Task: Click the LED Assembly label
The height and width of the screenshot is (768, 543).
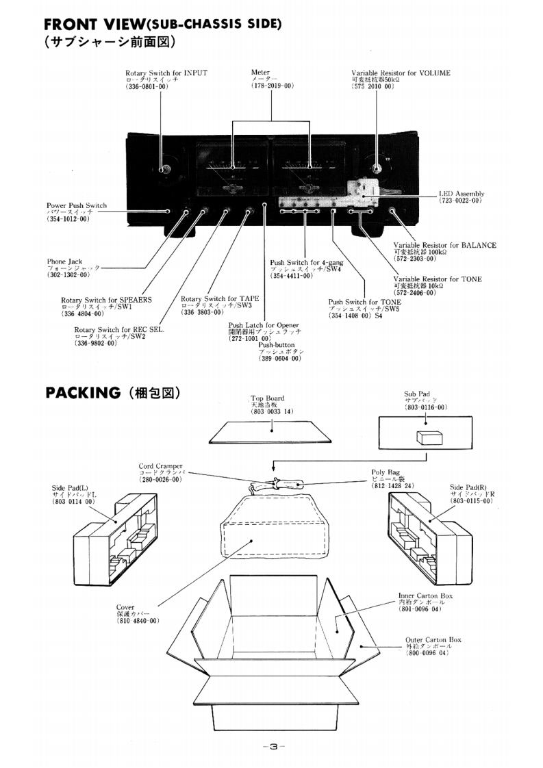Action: [x=462, y=193]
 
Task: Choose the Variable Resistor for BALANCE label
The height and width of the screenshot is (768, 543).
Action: [x=445, y=245]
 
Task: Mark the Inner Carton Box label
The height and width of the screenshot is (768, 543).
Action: [x=425, y=596]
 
